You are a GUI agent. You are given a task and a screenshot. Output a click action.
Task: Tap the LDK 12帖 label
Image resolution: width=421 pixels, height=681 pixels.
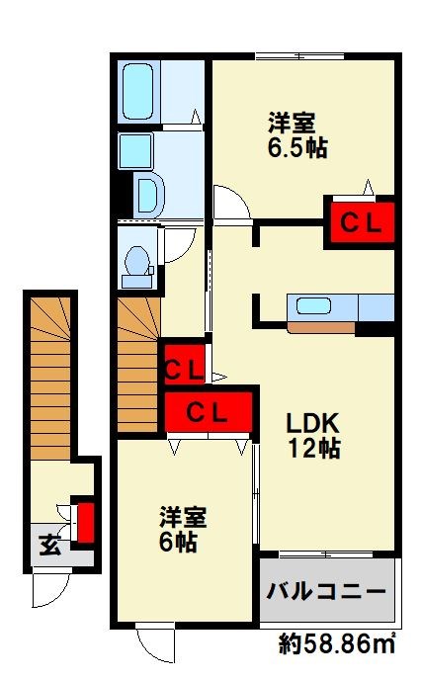tap(314, 434)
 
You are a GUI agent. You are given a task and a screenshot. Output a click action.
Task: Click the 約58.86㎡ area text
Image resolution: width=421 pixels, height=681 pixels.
tap(337, 646)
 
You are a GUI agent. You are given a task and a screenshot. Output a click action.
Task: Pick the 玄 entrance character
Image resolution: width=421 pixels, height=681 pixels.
tap(49, 545)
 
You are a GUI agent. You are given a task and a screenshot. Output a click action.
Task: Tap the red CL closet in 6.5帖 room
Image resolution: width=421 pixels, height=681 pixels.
tap(360, 223)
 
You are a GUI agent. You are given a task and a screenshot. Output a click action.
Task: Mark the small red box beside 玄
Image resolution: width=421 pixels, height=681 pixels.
tap(86, 522)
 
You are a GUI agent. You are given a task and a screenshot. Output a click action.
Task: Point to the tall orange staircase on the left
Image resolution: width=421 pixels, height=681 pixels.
tap(49, 376)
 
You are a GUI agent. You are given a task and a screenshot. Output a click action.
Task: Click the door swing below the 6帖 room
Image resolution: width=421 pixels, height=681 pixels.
tap(155, 645)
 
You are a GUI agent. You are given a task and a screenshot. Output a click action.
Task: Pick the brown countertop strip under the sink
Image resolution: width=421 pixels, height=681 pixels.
tap(319, 327)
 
